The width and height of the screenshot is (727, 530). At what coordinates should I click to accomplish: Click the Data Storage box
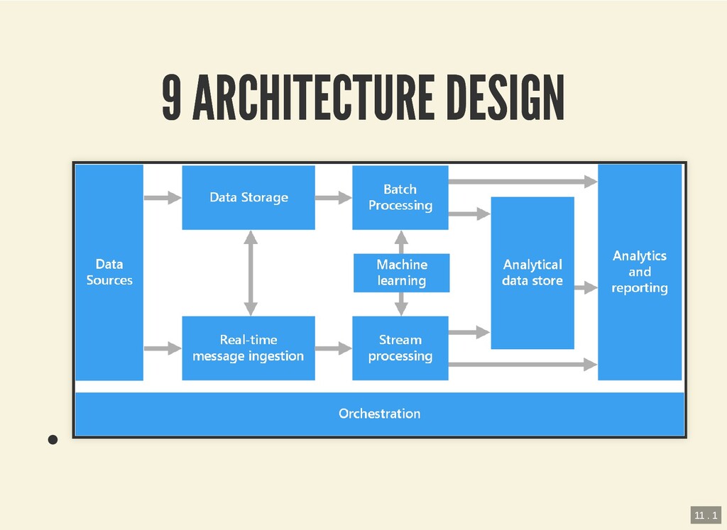click(x=248, y=197)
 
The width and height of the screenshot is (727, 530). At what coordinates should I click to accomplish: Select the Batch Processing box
click(x=400, y=197)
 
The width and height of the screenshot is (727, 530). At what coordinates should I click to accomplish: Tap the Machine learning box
click(x=402, y=272)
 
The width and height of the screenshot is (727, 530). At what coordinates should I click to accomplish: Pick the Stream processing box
click(x=400, y=348)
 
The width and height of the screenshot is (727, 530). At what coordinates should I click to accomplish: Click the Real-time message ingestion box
click(x=248, y=348)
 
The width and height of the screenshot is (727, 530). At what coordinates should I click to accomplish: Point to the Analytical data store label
click(x=532, y=272)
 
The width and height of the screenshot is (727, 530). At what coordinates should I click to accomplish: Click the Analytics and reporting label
click(x=639, y=272)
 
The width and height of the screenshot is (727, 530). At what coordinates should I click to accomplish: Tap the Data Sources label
click(x=109, y=272)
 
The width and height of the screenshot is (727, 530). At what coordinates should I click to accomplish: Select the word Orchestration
click(x=379, y=413)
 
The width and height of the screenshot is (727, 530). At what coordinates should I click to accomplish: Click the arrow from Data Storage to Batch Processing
click(x=333, y=198)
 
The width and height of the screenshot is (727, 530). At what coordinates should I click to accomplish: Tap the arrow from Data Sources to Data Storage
click(x=163, y=198)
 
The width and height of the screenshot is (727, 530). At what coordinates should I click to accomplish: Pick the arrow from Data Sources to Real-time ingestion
click(x=163, y=348)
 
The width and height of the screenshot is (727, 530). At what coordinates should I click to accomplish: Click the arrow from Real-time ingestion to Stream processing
click(x=333, y=348)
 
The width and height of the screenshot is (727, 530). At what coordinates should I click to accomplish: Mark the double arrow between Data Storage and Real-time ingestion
click(x=250, y=272)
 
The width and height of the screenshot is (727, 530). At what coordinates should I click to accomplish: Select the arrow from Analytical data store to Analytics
click(x=586, y=287)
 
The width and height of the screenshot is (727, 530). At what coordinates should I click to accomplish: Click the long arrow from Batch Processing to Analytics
click(x=523, y=182)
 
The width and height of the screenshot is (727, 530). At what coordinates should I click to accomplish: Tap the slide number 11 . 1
click(x=706, y=514)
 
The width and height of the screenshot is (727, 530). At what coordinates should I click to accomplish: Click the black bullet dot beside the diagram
click(x=52, y=439)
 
